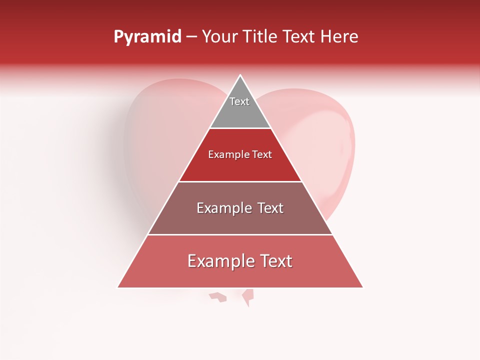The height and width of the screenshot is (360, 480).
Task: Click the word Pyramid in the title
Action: (147, 37)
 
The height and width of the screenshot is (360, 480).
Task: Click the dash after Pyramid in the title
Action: (191, 37)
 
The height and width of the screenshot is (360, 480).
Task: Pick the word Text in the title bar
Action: (300, 36)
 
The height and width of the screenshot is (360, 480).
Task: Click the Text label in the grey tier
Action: (239, 101)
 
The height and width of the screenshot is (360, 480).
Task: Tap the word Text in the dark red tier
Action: (262, 154)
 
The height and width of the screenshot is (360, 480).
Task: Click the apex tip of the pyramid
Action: (240, 75)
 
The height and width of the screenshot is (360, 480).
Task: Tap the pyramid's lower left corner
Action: (118, 287)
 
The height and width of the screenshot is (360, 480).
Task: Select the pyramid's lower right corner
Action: (362, 287)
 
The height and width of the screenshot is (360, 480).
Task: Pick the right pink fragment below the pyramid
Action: (247, 297)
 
